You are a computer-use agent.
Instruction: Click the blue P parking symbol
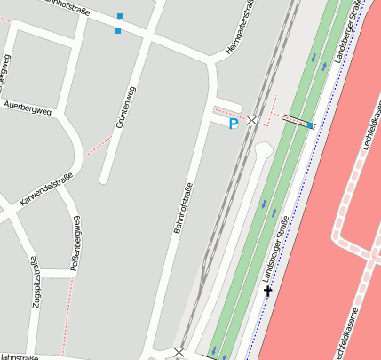tap(234, 124)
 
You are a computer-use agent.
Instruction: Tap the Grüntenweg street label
tap(122, 107)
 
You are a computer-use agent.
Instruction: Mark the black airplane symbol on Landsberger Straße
tap(268, 291)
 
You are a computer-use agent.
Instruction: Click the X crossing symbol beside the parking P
tap(252, 119)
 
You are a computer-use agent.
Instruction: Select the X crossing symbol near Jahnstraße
tap(179, 353)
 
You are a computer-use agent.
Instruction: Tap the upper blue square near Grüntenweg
tap(120, 16)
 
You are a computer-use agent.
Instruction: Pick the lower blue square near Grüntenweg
tap(118, 31)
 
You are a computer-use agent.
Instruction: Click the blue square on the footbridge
tap(310, 125)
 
